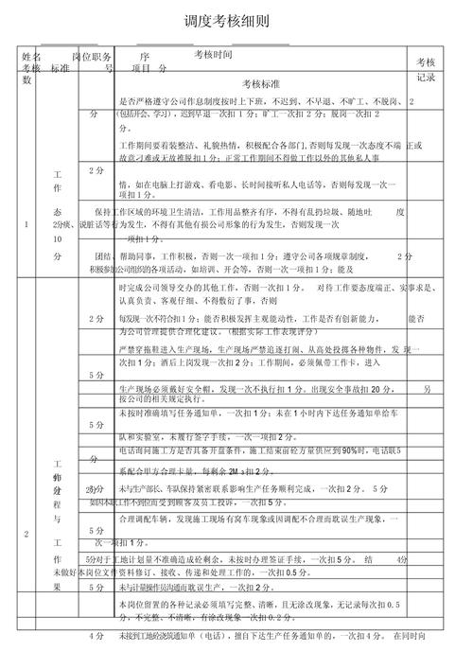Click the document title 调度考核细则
[227, 20]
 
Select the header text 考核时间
[213, 56]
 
